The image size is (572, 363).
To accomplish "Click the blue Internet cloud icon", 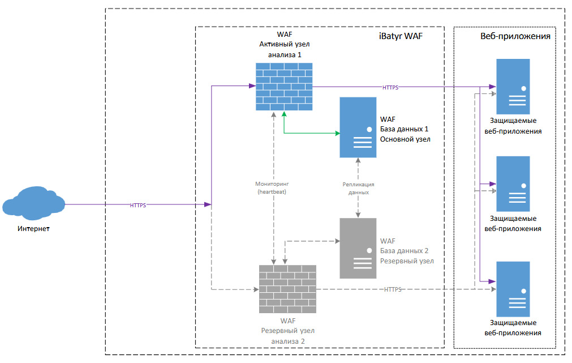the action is tap(33, 203).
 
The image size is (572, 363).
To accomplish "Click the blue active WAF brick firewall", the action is tap(284, 87).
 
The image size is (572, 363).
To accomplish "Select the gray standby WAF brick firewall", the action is tap(287, 289).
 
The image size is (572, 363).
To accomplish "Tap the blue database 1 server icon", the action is tap(358, 127).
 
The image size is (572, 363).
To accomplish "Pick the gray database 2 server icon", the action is tap(358, 249).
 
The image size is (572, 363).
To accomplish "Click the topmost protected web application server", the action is tap(513, 87).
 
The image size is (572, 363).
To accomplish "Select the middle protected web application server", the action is tap(513, 183).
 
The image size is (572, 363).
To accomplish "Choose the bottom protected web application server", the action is tap(513, 289).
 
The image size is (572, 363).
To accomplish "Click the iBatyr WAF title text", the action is tap(401, 36).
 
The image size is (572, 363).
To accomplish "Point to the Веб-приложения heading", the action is tap(515, 36).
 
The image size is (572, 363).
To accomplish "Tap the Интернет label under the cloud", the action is tap(33, 229).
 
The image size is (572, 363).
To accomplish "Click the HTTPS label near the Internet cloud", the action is tap(138, 205).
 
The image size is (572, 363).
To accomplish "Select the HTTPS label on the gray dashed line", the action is tap(393, 289).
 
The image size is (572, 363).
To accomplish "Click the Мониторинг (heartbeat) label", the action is tap(272, 187).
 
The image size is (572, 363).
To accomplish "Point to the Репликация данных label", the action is tap(358, 189).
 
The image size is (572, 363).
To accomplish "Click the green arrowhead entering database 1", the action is tap(337, 133).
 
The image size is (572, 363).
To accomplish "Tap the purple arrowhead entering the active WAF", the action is tap(252, 86).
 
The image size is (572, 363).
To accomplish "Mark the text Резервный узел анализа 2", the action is tap(288, 336).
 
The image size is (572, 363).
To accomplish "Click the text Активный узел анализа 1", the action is tap(285, 49).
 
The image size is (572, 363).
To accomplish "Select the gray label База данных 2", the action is tap(404, 251).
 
